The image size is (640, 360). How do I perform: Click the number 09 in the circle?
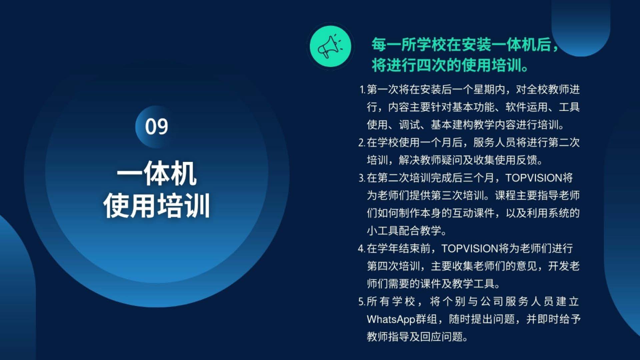(156, 127)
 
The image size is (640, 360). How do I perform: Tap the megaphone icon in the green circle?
(330, 46)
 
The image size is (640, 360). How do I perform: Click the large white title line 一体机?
(156, 173)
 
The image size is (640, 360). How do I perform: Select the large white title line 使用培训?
(156, 206)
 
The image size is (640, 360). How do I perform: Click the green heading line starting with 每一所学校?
(465, 45)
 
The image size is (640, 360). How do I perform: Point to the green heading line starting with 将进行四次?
(450, 65)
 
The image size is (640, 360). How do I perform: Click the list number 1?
(362, 90)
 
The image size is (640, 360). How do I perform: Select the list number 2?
(362, 143)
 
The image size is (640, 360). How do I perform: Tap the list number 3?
(362, 178)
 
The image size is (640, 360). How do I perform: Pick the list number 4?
(362, 249)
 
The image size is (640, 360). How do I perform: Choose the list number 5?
(362, 302)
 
